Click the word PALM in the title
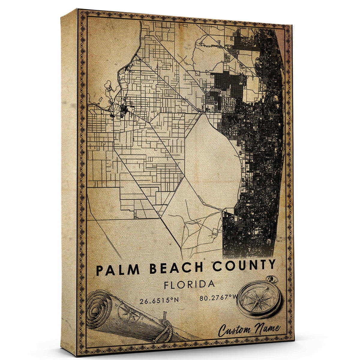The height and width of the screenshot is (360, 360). (x=118, y=269)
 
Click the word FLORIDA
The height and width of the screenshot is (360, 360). (x=189, y=284)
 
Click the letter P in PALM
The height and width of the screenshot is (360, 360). (x=100, y=270)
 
